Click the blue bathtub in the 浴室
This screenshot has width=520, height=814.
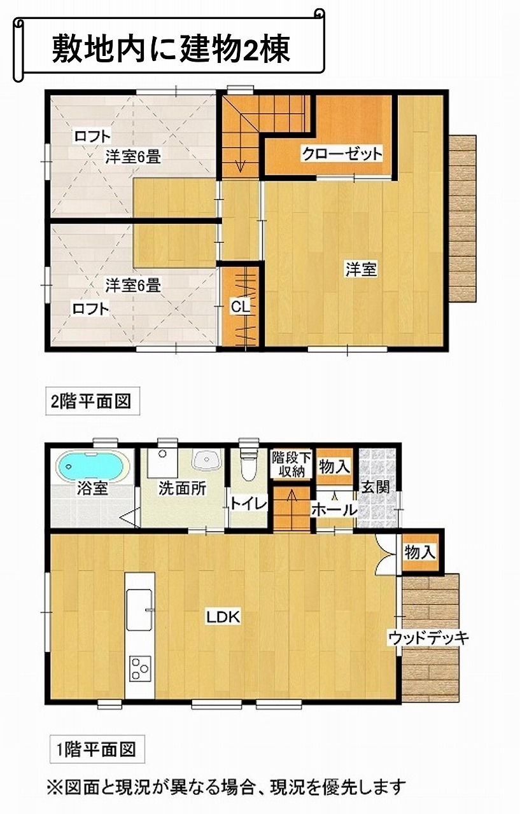(x=93, y=467)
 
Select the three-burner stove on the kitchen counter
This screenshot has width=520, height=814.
(x=139, y=669)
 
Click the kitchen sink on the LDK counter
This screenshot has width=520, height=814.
(x=139, y=610)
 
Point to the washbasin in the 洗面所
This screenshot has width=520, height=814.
(x=206, y=459)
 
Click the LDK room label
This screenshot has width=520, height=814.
(x=223, y=617)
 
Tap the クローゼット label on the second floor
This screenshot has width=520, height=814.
(x=342, y=154)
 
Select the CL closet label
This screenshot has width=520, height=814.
(x=241, y=307)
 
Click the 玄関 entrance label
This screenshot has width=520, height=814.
(x=376, y=487)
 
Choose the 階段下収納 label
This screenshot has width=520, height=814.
(x=292, y=464)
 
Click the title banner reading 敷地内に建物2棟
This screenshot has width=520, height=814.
(x=169, y=45)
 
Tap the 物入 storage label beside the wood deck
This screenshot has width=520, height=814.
(x=419, y=553)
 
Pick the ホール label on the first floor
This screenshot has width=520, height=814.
(x=334, y=510)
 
